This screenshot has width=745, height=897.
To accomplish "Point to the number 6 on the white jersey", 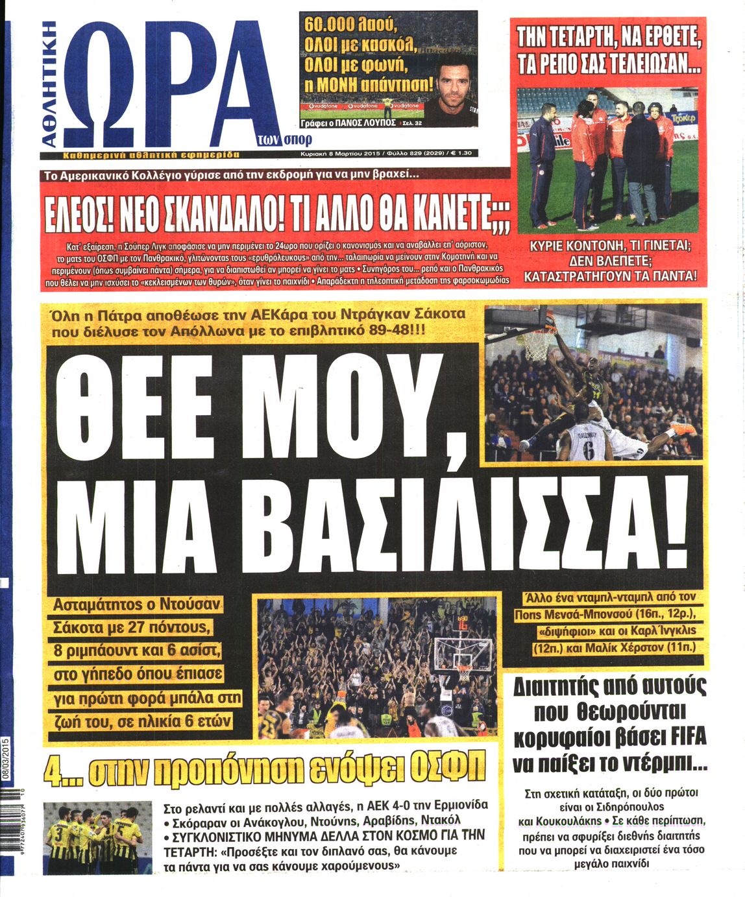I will [587, 451].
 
